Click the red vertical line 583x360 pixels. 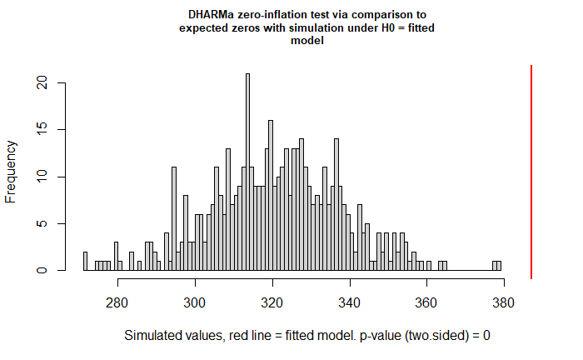(531, 172)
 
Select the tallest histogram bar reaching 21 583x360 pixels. (247, 172)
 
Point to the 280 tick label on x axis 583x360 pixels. (117, 303)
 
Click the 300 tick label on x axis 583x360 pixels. (194, 303)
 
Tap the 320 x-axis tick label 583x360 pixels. (272, 303)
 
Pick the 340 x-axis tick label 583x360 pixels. (349, 303)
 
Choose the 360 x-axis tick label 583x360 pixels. (426, 303)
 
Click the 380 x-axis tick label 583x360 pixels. (503, 303)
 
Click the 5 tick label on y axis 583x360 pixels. (42, 223)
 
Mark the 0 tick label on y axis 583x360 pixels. (42, 270)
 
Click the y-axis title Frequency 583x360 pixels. (10, 172)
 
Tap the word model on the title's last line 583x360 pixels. (307, 40)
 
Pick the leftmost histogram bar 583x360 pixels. (85, 261)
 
